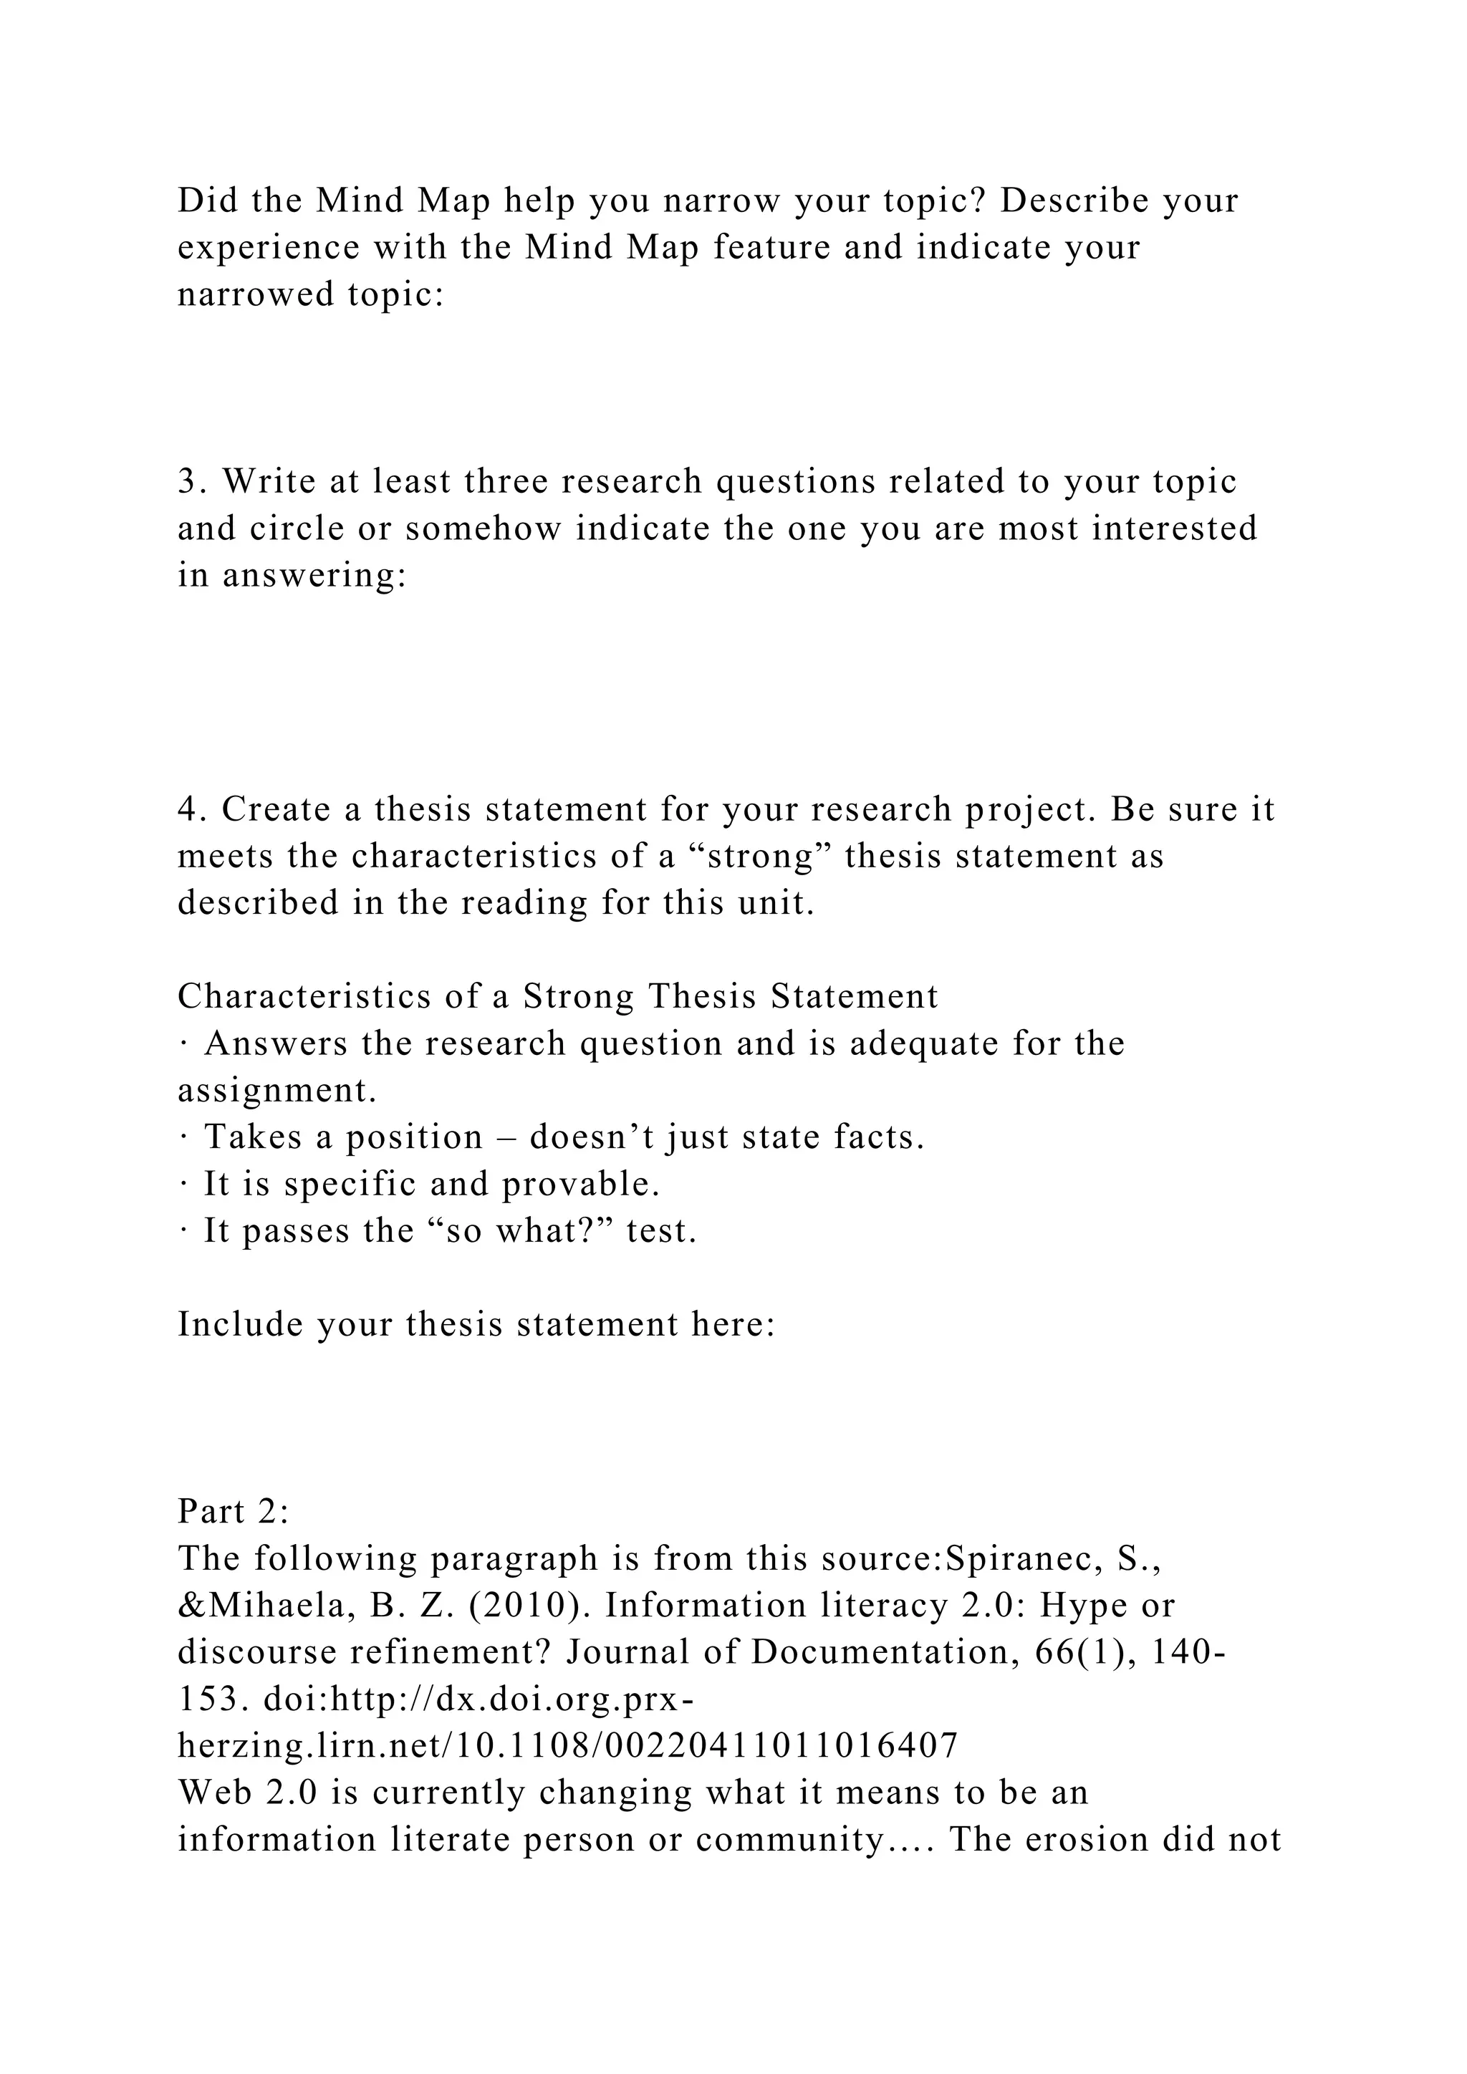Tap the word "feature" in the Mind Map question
(771, 248)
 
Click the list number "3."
(193, 481)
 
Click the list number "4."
(193, 809)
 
